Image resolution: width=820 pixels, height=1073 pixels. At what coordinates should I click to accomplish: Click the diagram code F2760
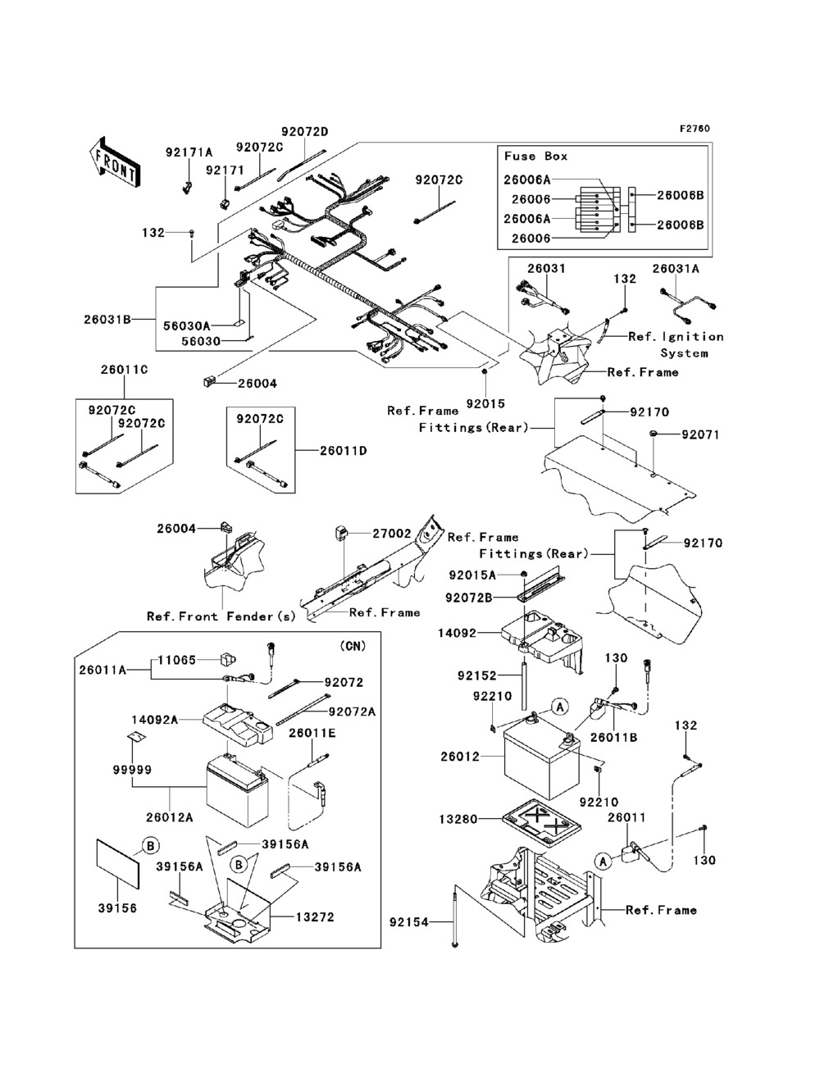[x=694, y=129]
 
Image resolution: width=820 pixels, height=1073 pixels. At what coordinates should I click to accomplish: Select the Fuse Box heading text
[x=535, y=156]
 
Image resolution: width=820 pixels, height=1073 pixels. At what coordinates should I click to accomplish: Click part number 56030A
[x=187, y=325]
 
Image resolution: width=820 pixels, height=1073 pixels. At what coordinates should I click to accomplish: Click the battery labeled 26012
[x=541, y=754]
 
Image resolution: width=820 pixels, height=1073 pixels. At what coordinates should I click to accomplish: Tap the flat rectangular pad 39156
[x=120, y=862]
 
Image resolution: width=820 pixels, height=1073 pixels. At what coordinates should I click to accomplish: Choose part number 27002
[x=392, y=533]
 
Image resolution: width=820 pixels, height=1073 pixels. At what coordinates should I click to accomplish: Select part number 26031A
[x=676, y=268]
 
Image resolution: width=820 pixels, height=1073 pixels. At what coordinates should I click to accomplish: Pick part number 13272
[x=317, y=917]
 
